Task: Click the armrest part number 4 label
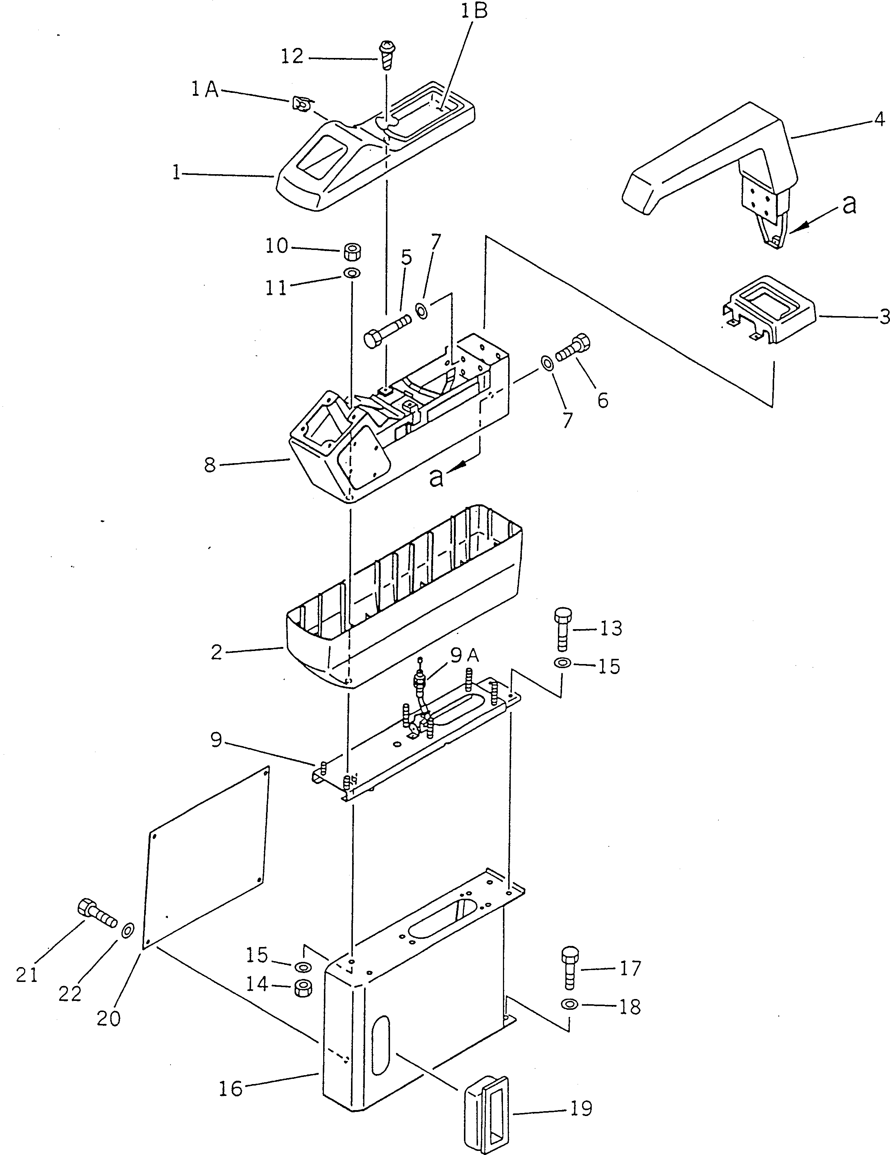(879, 120)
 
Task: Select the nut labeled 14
(303, 987)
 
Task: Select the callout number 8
(210, 465)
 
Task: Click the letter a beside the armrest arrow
(849, 204)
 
